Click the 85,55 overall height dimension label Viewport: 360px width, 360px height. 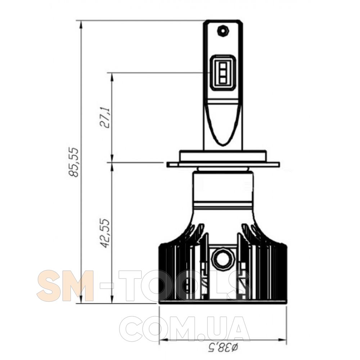74,162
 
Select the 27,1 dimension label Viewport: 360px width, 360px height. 105,117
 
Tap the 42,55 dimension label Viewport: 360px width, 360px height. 105,233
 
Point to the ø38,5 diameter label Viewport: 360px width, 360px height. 223,348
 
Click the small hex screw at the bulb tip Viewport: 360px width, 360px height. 223,31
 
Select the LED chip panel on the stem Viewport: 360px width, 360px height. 223,73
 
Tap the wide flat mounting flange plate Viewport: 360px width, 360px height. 223,165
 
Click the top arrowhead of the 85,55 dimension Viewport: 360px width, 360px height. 81,25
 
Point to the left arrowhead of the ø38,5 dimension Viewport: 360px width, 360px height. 163,339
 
